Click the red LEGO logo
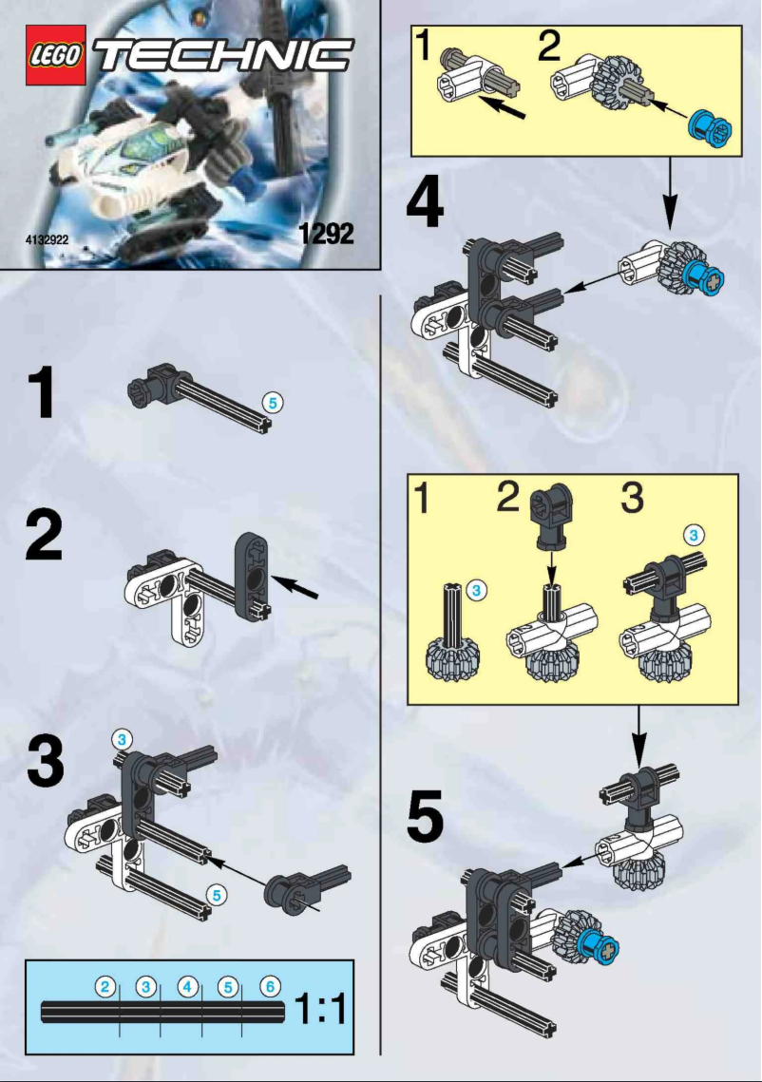tap(56, 56)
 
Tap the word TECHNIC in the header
tap(224, 55)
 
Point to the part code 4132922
tap(46, 240)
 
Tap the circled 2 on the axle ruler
tap(106, 987)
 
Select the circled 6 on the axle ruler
tap(270, 987)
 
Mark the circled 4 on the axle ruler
tap(188, 987)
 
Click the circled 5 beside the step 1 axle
tap(273, 403)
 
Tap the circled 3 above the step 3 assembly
tap(121, 737)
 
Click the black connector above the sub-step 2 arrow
tap(548, 519)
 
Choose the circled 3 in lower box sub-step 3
tap(695, 535)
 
